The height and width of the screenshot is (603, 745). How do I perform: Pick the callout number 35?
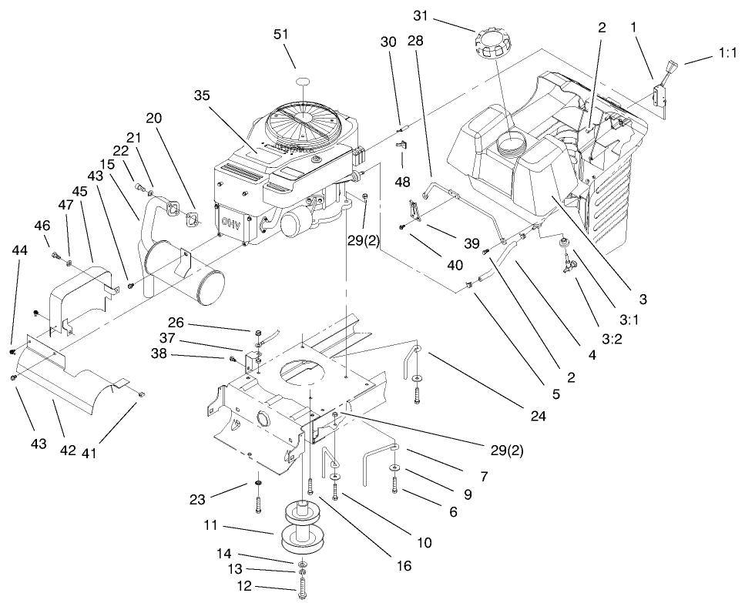coord(202,96)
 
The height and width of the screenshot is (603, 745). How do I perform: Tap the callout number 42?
coord(68,450)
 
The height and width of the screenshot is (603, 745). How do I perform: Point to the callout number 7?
coord(483,477)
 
